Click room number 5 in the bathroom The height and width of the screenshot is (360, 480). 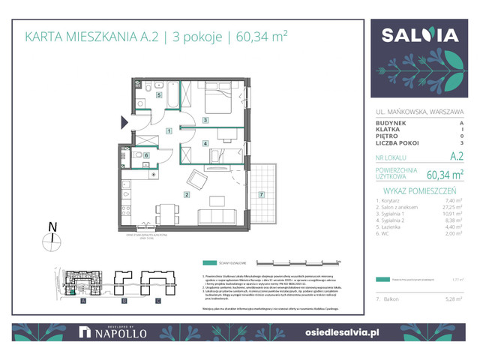pyautogui.click(x=158, y=95)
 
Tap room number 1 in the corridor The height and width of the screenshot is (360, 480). pyautogui.click(x=170, y=131)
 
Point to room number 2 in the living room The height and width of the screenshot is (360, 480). pyautogui.click(x=186, y=194)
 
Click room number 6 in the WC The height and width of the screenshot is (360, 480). pyautogui.click(x=146, y=155)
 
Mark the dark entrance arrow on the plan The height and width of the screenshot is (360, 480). pyautogui.click(x=125, y=121)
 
